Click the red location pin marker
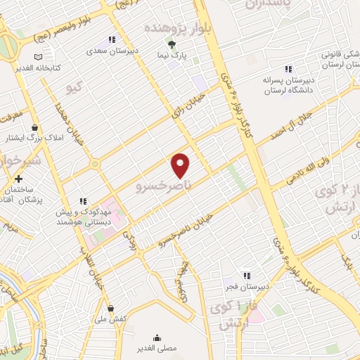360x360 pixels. point(181,165)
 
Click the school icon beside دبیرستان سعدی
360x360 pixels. point(110,40)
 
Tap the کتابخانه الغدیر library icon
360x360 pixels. point(39,57)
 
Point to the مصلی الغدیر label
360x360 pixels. point(156,348)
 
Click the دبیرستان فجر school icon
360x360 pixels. point(246,276)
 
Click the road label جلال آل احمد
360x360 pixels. point(287,124)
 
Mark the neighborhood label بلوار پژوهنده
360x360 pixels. point(173,26)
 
